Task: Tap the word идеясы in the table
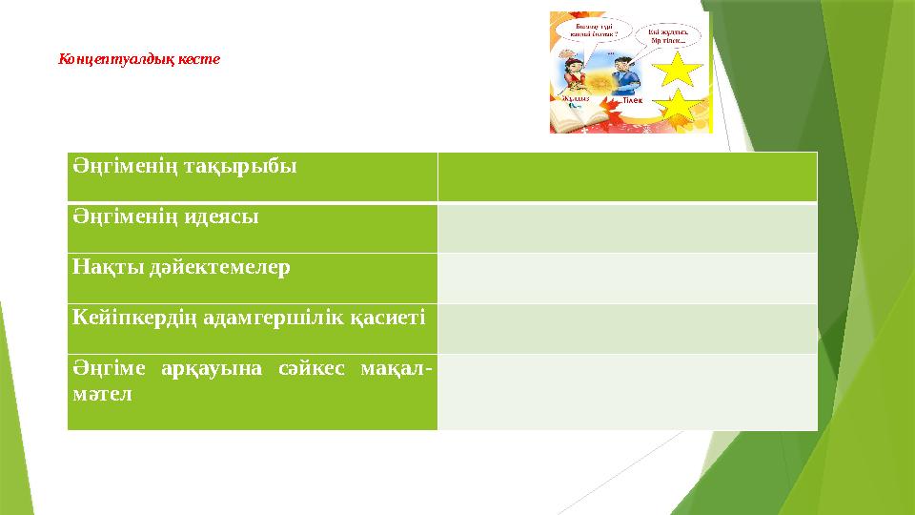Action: (224, 216)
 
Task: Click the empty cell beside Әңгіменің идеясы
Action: (627, 228)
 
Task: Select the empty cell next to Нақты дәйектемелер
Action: (627, 278)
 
